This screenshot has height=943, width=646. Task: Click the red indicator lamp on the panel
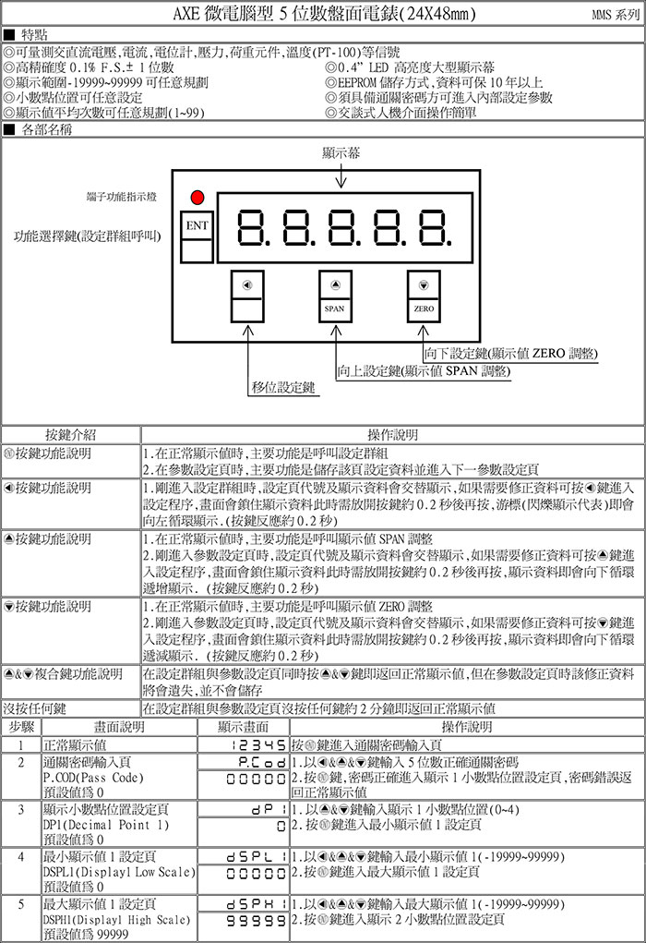pyautogui.click(x=196, y=197)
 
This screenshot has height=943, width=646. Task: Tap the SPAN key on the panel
pyautogui.click(x=335, y=296)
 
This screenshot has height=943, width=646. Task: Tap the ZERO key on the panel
pyautogui.click(x=424, y=296)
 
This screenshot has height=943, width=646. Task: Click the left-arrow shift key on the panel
pyautogui.click(x=246, y=296)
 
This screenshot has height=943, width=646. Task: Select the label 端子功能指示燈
pyautogui.click(x=121, y=197)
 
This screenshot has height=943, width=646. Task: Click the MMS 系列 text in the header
pyautogui.click(x=615, y=16)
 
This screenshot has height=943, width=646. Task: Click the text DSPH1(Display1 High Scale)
pyautogui.click(x=116, y=920)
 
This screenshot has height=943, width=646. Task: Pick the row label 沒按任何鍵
pyautogui.click(x=34, y=709)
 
